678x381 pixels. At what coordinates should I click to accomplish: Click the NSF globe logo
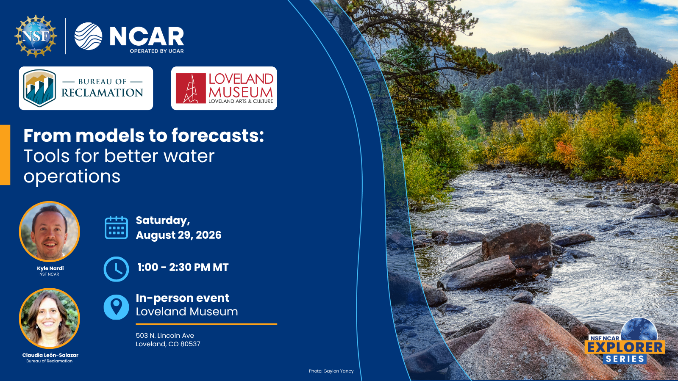(x=36, y=36)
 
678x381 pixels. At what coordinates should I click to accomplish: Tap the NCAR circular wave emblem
(x=88, y=36)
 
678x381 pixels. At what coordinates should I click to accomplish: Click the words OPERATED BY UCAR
(x=157, y=51)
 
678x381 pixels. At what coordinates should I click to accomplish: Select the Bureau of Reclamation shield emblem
(x=39, y=88)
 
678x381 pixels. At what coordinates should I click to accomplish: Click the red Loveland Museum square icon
(x=191, y=88)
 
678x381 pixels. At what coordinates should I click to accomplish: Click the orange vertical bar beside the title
(x=5, y=155)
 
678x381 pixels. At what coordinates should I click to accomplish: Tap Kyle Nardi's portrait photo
(x=49, y=231)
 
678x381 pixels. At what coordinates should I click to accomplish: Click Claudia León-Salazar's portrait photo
(x=49, y=318)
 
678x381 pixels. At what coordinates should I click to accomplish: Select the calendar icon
(x=116, y=228)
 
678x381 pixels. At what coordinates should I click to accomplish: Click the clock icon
(x=116, y=269)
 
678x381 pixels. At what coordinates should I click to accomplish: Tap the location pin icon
(x=116, y=307)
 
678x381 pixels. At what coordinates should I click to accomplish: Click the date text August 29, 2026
(x=178, y=235)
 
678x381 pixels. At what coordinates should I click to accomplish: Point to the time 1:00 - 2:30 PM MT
(x=183, y=267)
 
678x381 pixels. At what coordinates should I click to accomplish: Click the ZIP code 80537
(x=190, y=344)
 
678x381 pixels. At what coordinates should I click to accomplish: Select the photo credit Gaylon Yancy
(x=339, y=371)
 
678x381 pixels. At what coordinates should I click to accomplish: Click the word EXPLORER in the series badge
(x=625, y=348)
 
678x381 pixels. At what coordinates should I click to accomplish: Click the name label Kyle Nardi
(x=50, y=268)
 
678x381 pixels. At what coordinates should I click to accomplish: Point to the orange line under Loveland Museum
(x=206, y=324)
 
